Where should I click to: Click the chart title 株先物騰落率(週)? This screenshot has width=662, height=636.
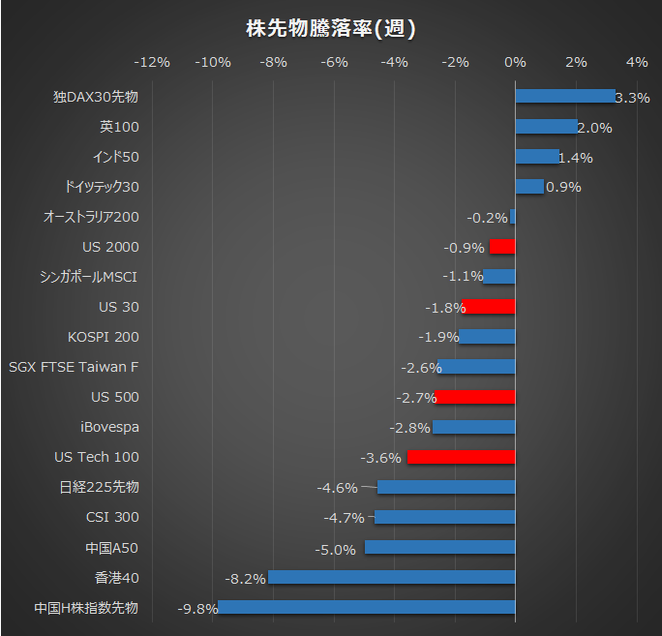point(331,28)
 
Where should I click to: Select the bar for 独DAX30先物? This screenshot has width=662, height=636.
point(564,97)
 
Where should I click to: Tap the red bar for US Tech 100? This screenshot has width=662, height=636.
point(461,457)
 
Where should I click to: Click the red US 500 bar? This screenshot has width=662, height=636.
point(474,397)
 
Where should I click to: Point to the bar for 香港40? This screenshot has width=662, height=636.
point(391,578)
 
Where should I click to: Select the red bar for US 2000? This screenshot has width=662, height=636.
point(501,247)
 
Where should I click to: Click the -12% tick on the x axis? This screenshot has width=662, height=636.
point(152,62)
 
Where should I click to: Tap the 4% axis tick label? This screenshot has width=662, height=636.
point(637,62)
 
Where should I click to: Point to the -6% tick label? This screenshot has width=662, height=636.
point(334,62)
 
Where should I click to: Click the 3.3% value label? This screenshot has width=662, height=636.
point(632,98)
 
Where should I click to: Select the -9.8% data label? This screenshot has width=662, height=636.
point(196,609)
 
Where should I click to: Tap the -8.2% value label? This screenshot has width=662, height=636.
point(245,579)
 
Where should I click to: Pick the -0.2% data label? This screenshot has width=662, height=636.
point(487,218)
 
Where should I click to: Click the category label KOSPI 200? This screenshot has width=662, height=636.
point(104,337)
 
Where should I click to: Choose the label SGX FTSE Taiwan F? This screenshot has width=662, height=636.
point(74,367)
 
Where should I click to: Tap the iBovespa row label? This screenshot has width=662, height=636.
point(109,427)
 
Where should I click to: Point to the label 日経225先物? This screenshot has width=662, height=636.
point(100,487)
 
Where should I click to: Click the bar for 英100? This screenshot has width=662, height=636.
point(546,127)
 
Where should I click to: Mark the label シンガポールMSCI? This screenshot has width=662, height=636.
point(89,277)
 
